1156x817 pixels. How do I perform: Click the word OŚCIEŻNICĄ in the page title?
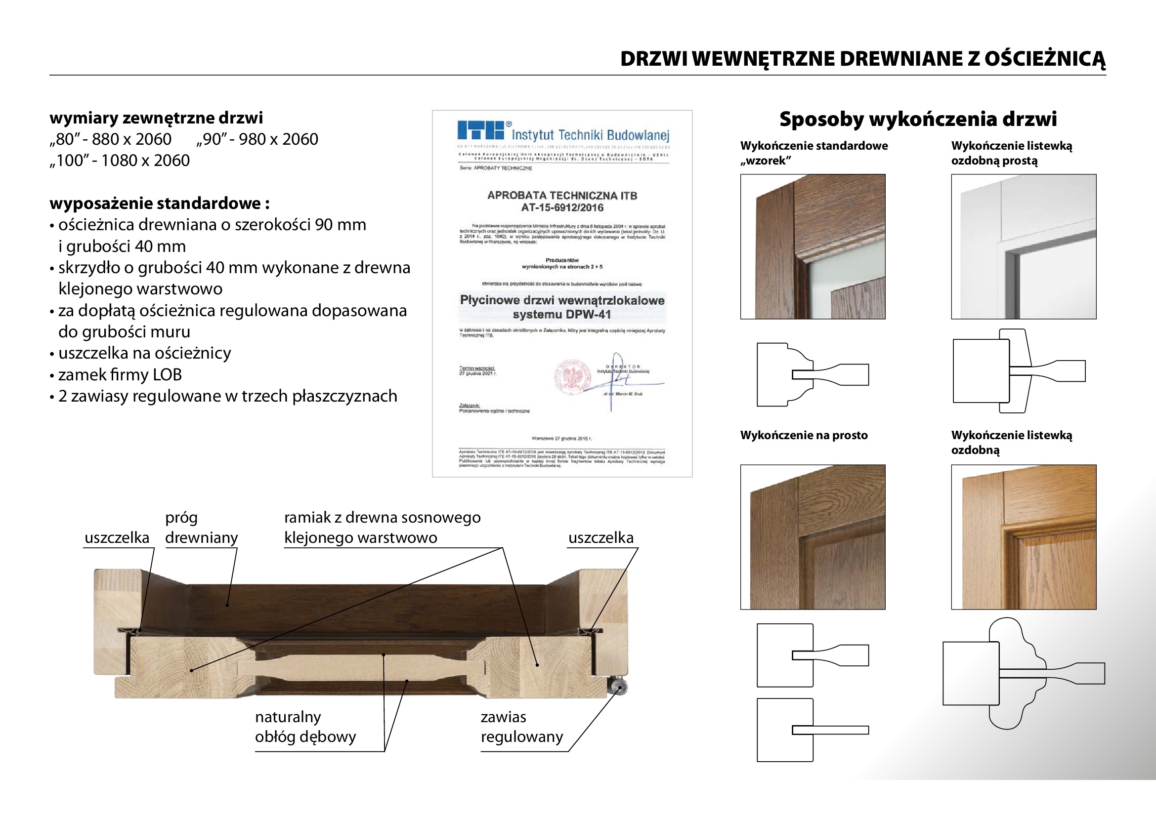[x=1045, y=59]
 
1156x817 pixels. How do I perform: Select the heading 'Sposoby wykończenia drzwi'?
[x=918, y=119]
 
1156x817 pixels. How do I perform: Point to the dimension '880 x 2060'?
[x=131, y=139]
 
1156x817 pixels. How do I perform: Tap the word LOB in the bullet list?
[x=167, y=375]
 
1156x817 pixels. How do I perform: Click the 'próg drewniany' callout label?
[x=201, y=528]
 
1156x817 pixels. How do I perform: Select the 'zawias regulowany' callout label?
[x=521, y=727]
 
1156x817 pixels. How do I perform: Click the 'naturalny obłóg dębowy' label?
[x=305, y=727]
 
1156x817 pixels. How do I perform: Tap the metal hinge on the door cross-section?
[x=618, y=687]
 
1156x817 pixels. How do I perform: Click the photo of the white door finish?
[x=1023, y=246]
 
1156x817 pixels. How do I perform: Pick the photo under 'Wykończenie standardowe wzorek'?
[x=813, y=246]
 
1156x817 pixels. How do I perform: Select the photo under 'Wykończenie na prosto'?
[x=813, y=537]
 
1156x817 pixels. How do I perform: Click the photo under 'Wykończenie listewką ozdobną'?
[x=1023, y=537]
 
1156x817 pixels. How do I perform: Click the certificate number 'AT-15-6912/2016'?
[x=562, y=208]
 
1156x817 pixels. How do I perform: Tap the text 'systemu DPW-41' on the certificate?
[x=562, y=315]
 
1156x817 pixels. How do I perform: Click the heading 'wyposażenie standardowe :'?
[x=160, y=203]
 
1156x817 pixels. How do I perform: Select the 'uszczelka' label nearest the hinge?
[x=600, y=538]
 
